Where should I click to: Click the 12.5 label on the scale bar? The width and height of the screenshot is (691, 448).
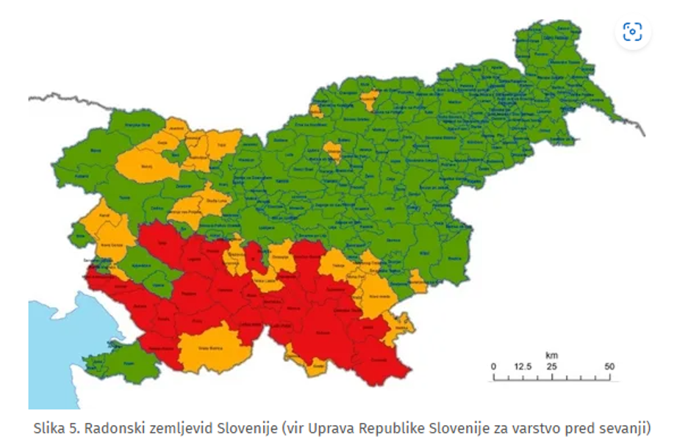click(523, 366)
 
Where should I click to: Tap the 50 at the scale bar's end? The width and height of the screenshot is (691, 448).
click(609, 366)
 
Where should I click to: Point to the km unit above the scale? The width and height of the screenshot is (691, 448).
click(551, 355)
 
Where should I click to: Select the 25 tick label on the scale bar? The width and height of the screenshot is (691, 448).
click(551, 366)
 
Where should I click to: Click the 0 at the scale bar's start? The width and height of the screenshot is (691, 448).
click(493, 366)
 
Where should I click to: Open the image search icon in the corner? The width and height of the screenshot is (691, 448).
click(632, 32)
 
